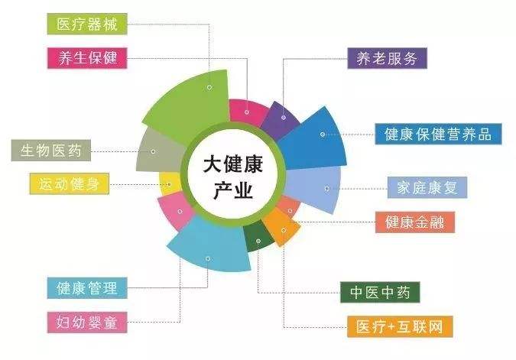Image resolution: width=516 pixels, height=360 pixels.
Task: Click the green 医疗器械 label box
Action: (x=87, y=24)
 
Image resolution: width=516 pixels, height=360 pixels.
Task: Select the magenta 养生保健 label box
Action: (x=87, y=58)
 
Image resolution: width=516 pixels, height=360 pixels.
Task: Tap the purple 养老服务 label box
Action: (x=388, y=58)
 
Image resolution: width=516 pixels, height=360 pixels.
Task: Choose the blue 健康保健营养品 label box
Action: (x=438, y=134)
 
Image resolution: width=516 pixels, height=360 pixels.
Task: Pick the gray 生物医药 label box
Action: (x=51, y=151)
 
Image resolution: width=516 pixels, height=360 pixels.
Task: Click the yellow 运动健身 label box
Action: (x=69, y=183)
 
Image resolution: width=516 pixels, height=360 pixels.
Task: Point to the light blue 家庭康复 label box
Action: (x=427, y=187)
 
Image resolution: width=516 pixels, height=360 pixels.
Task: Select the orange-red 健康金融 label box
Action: (x=415, y=222)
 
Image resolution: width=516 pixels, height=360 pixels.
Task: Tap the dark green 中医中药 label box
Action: (x=380, y=292)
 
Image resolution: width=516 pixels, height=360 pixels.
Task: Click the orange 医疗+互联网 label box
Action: (x=400, y=327)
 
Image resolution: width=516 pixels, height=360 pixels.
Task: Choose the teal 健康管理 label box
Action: (x=87, y=288)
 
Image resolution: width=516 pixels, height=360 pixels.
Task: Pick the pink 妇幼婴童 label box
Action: (x=87, y=323)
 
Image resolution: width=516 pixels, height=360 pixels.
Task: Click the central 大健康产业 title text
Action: (x=233, y=177)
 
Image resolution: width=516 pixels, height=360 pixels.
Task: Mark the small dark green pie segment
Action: (x=258, y=236)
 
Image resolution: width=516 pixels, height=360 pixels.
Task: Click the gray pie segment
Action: (x=158, y=151)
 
